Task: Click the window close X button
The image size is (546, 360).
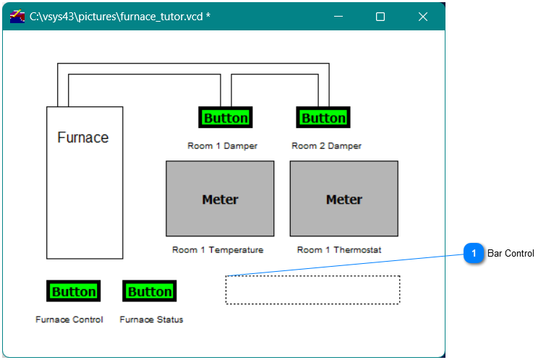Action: click(423, 17)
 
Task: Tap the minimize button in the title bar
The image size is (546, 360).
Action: click(338, 17)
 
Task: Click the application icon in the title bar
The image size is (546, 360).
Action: click(17, 16)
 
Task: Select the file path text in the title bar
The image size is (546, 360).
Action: click(120, 16)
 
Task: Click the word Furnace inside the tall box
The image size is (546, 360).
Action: click(83, 137)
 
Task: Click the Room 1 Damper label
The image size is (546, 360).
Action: click(222, 146)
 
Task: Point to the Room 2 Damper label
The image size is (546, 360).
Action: click(326, 146)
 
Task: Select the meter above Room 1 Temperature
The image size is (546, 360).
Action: click(220, 199)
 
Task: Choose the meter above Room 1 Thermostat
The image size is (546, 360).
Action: click(344, 199)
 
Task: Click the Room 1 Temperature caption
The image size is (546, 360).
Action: click(218, 250)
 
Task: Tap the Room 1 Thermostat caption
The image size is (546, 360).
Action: click(339, 250)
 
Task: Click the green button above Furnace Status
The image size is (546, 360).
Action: click(150, 291)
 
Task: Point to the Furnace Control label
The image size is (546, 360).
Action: click(69, 320)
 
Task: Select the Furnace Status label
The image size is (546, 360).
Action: click(151, 320)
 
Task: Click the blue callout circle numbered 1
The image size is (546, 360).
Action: click(474, 253)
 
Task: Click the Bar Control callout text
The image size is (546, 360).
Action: click(511, 254)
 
